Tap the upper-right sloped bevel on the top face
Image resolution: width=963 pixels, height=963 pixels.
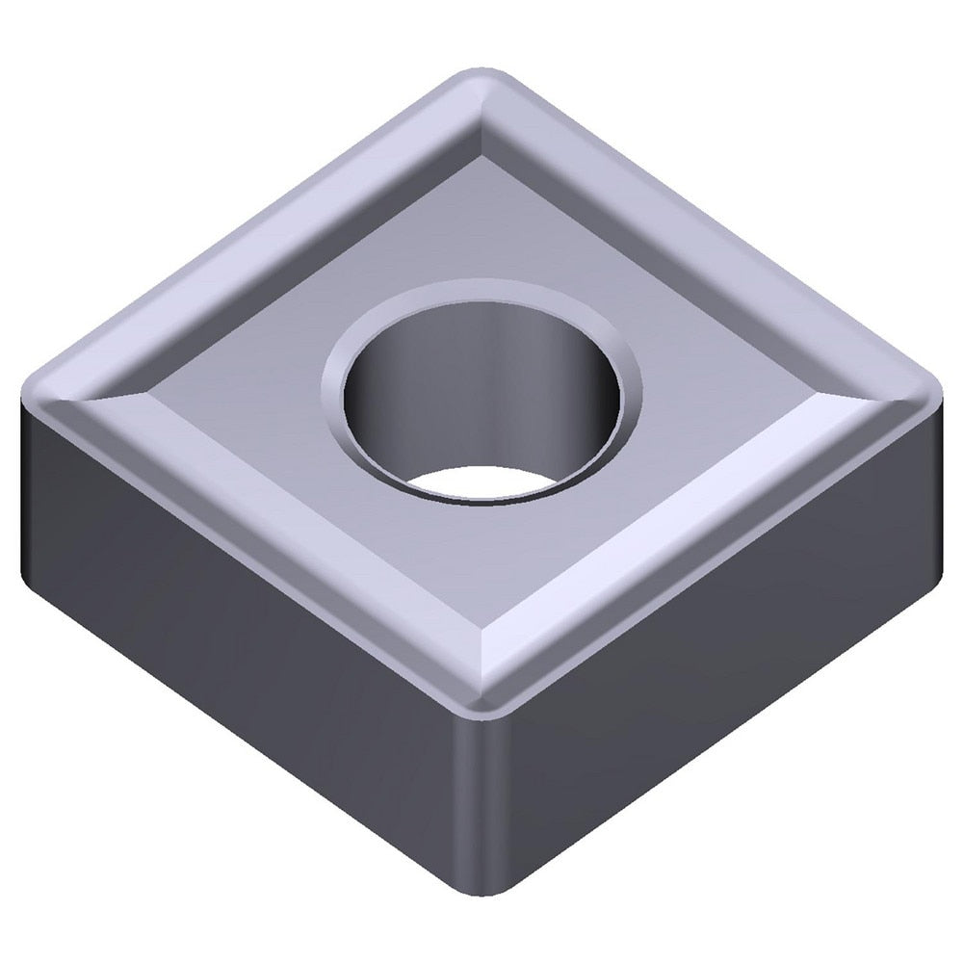click(x=693, y=231)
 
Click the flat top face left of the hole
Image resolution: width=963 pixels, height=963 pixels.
click(x=241, y=395)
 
